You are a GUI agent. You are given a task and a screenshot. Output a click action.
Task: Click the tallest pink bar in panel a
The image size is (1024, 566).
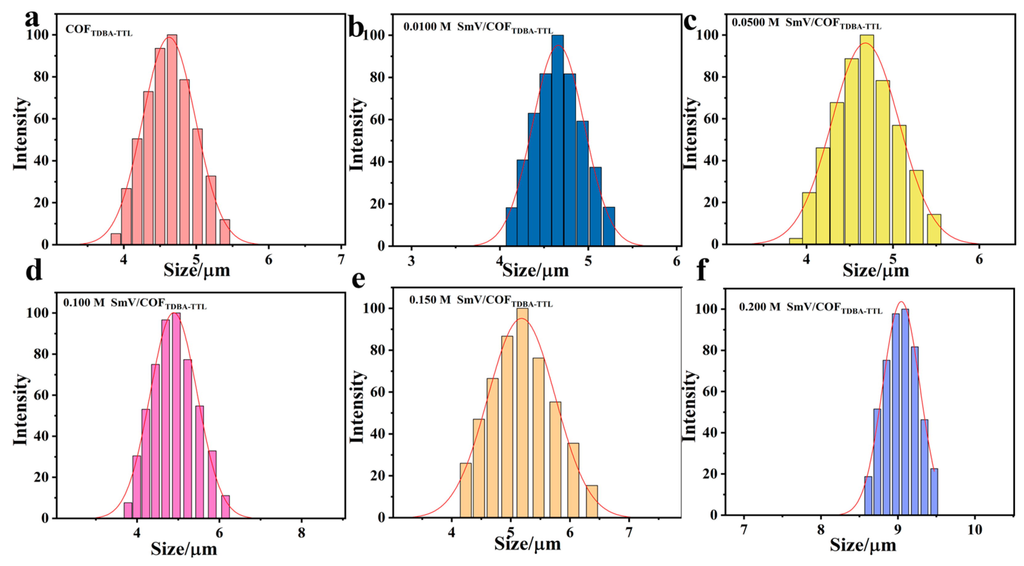pyautogui.click(x=172, y=139)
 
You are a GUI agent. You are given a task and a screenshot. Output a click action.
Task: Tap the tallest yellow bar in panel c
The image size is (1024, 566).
pyautogui.click(x=866, y=139)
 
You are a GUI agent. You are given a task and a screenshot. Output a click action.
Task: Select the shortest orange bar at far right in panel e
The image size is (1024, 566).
pyautogui.click(x=591, y=501)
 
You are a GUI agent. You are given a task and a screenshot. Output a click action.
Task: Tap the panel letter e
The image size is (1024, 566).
pyautogui.click(x=359, y=279)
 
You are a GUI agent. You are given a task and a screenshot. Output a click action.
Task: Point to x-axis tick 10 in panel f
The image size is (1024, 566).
pyautogui.click(x=974, y=529)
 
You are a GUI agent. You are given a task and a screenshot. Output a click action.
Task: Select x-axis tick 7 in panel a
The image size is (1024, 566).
pyautogui.click(x=341, y=259)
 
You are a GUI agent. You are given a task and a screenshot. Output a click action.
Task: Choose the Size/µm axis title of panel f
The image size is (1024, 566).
pyautogui.click(x=863, y=545)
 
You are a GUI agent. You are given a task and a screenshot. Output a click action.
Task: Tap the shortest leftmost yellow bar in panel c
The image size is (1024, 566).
pyautogui.click(x=796, y=241)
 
